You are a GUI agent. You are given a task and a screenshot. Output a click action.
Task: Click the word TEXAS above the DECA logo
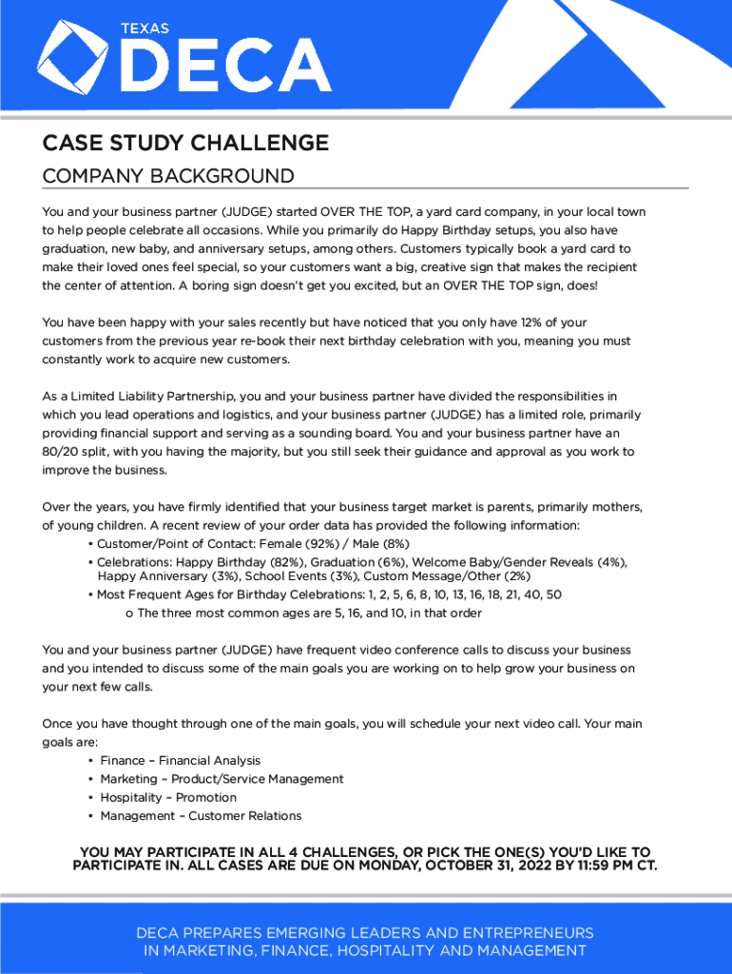coord(144,29)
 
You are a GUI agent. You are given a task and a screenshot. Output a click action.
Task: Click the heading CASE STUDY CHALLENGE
coord(185,144)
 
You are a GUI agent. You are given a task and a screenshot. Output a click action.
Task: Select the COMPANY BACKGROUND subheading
coord(168,177)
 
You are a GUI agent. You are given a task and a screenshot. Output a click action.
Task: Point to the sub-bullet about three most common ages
coord(309,614)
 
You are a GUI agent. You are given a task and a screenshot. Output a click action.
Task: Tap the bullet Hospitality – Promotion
coord(168,798)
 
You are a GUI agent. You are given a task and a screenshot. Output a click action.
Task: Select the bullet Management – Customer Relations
coord(201,816)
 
